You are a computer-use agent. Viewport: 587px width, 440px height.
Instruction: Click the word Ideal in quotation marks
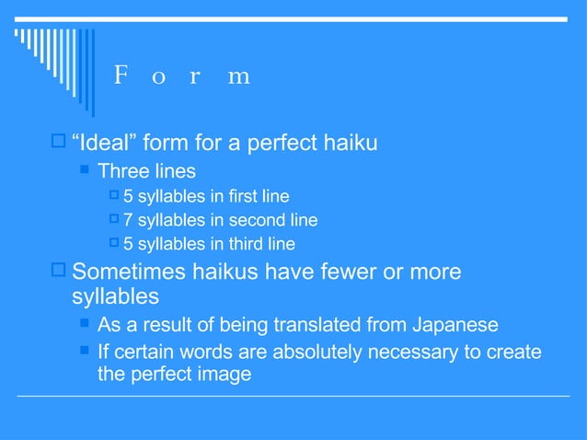[105, 144]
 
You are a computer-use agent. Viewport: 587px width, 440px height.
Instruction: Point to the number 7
[129, 220]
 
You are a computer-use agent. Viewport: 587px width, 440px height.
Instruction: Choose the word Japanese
[455, 325]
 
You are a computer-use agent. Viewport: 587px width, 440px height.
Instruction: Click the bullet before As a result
[86, 324]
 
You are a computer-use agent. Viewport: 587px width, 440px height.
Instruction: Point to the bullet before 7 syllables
[114, 219]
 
